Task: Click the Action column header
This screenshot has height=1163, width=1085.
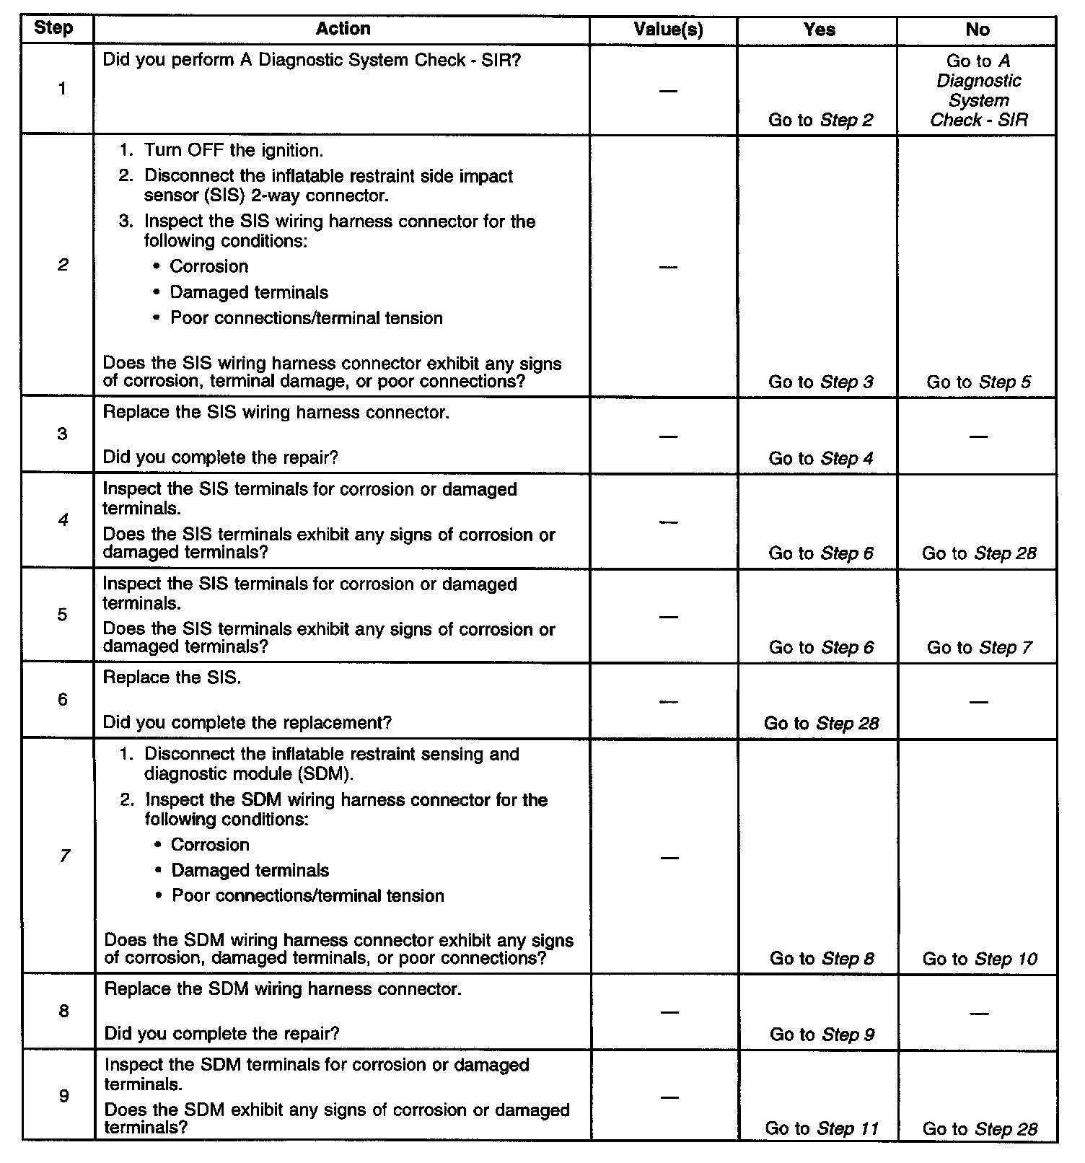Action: pyautogui.click(x=343, y=29)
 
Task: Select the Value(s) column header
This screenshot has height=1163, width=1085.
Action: pyautogui.click(x=668, y=30)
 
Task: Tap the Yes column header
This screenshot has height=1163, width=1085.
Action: pyautogui.click(x=820, y=30)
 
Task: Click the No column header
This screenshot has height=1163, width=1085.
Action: pyautogui.click(x=978, y=30)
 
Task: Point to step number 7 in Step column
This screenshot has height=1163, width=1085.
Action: pyautogui.click(x=64, y=856)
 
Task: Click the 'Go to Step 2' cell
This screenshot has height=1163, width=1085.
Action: pyautogui.click(x=820, y=120)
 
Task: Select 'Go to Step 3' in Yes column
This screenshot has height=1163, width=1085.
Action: pyautogui.click(x=820, y=382)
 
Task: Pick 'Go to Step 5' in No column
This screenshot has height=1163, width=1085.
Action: pyautogui.click(x=978, y=382)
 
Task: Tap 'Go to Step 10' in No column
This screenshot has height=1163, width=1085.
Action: pyautogui.click(x=979, y=959)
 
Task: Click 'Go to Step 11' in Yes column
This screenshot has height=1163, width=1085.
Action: pyautogui.click(x=821, y=1128)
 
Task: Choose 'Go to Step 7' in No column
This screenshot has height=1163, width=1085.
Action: pyautogui.click(x=979, y=647)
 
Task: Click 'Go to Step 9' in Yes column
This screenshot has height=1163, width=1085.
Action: pyautogui.click(x=822, y=1035)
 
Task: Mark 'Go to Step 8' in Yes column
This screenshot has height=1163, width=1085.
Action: pyautogui.click(x=822, y=959)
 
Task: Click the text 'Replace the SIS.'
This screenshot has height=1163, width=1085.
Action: pyautogui.click(x=172, y=678)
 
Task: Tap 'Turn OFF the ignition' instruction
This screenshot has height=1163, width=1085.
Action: pyautogui.click(x=232, y=151)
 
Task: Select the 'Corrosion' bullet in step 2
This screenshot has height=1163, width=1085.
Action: pyautogui.click(x=208, y=266)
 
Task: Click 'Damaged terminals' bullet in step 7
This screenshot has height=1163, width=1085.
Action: pyautogui.click(x=250, y=870)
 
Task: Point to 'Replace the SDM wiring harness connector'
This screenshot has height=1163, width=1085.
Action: pyautogui.click(x=283, y=988)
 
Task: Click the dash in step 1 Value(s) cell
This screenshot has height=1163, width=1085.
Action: pyautogui.click(x=668, y=91)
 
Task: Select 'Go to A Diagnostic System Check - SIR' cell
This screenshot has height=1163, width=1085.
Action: pyautogui.click(x=978, y=91)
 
